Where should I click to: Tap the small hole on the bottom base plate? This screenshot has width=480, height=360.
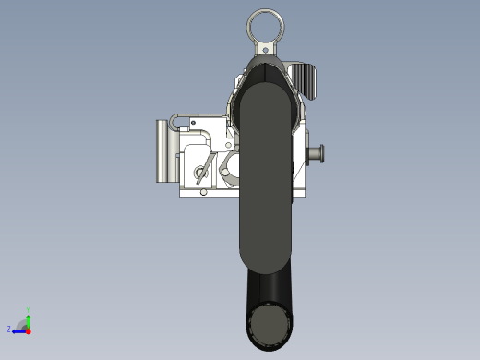point(204,192)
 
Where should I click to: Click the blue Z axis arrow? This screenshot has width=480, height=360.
point(18,330)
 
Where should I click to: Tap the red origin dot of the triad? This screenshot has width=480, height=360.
point(28,330)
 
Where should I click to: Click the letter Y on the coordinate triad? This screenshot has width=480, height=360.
point(29,308)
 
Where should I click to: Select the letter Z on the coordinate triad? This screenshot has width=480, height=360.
point(9,329)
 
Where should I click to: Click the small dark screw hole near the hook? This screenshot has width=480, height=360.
point(194,122)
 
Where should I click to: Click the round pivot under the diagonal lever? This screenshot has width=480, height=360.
point(200,172)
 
